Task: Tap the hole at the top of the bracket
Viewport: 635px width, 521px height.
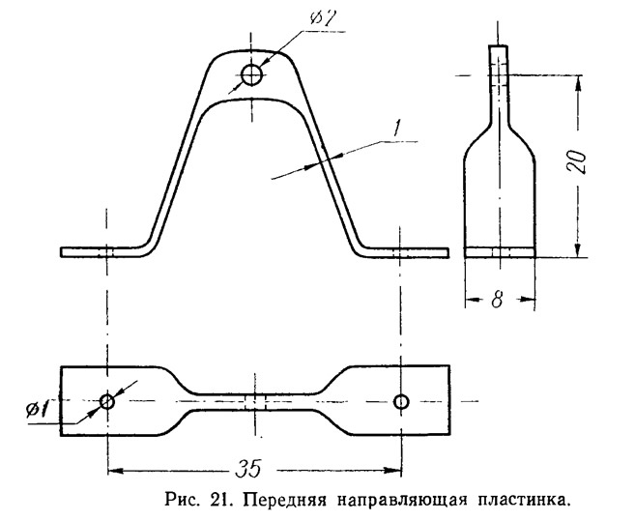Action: click(x=252, y=74)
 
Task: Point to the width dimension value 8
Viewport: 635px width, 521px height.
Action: click(x=497, y=301)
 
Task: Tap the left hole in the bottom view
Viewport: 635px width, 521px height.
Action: click(x=107, y=400)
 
